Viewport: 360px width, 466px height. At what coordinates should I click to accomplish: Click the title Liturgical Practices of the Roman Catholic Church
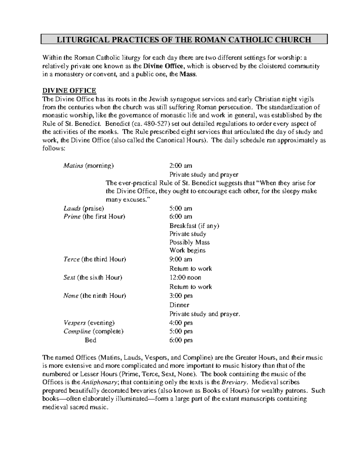click(184, 40)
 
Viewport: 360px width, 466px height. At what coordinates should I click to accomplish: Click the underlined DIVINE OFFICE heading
click(69, 91)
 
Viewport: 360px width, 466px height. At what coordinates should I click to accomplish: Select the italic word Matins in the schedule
click(73, 166)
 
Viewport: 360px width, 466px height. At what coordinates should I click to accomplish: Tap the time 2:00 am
click(181, 166)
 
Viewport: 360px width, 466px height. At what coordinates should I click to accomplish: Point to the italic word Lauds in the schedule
click(72, 209)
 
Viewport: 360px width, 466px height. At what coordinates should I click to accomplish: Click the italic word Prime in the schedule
click(72, 217)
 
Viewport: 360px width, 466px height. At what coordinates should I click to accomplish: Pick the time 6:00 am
click(181, 217)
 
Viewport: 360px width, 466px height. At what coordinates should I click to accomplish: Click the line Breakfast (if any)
click(194, 226)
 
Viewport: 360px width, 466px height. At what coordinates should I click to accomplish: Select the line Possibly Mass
click(189, 242)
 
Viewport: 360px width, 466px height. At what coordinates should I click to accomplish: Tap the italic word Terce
click(71, 259)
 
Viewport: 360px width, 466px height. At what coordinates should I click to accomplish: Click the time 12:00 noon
click(185, 278)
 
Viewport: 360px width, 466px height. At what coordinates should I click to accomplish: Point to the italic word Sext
click(69, 278)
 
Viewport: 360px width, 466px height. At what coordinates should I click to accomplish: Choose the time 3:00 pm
click(181, 296)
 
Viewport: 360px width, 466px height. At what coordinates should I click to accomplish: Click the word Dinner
click(179, 305)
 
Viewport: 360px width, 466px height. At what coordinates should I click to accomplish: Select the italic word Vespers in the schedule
click(74, 323)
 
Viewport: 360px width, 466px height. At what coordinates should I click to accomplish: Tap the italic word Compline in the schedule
click(77, 332)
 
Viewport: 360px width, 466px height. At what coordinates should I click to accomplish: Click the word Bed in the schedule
click(90, 340)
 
